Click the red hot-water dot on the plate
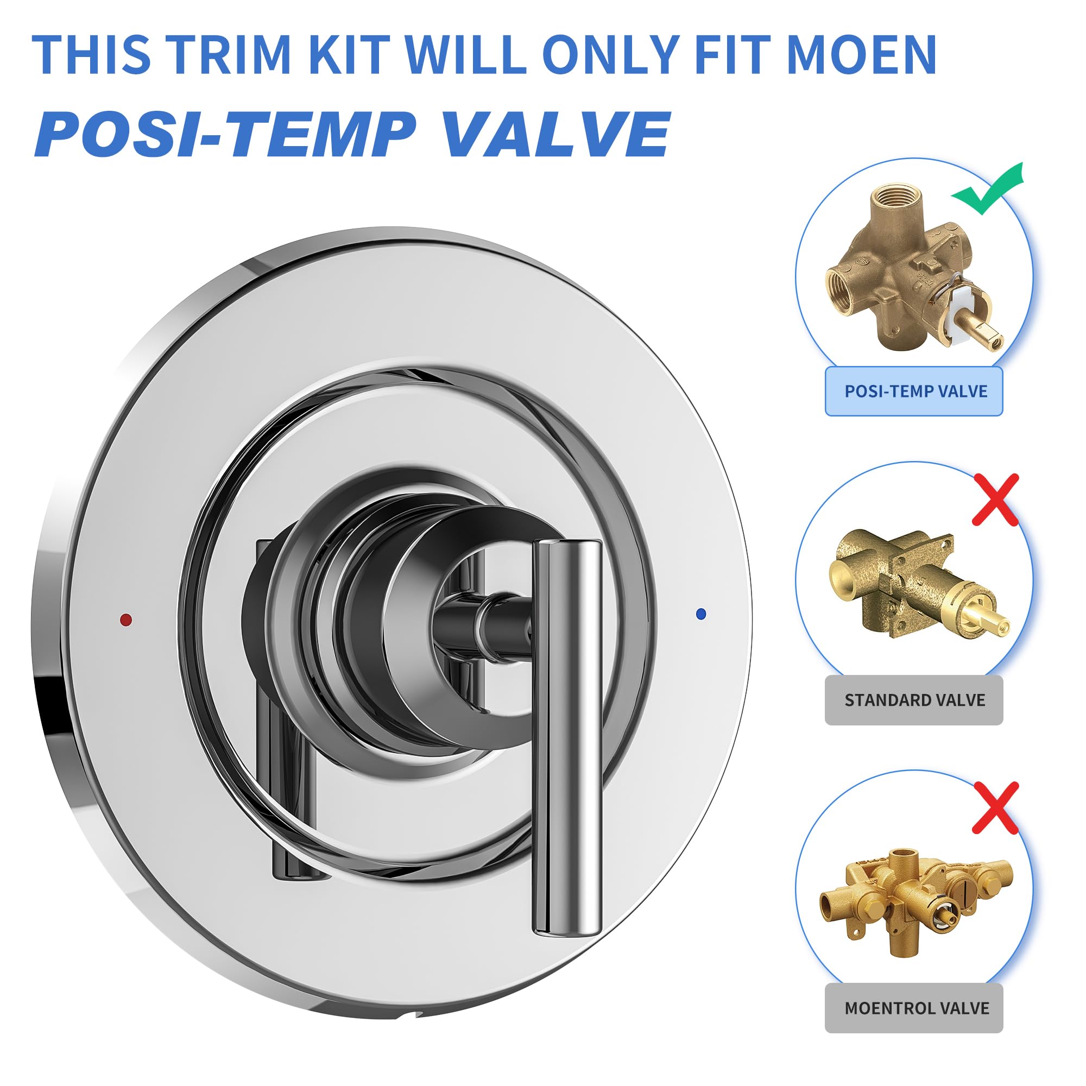click(x=126, y=620)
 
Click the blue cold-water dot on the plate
click(x=700, y=614)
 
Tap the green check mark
click(x=988, y=190)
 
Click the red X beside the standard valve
click(x=995, y=500)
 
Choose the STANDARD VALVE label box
click(x=913, y=700)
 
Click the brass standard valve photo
click(x=916, y=585)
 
